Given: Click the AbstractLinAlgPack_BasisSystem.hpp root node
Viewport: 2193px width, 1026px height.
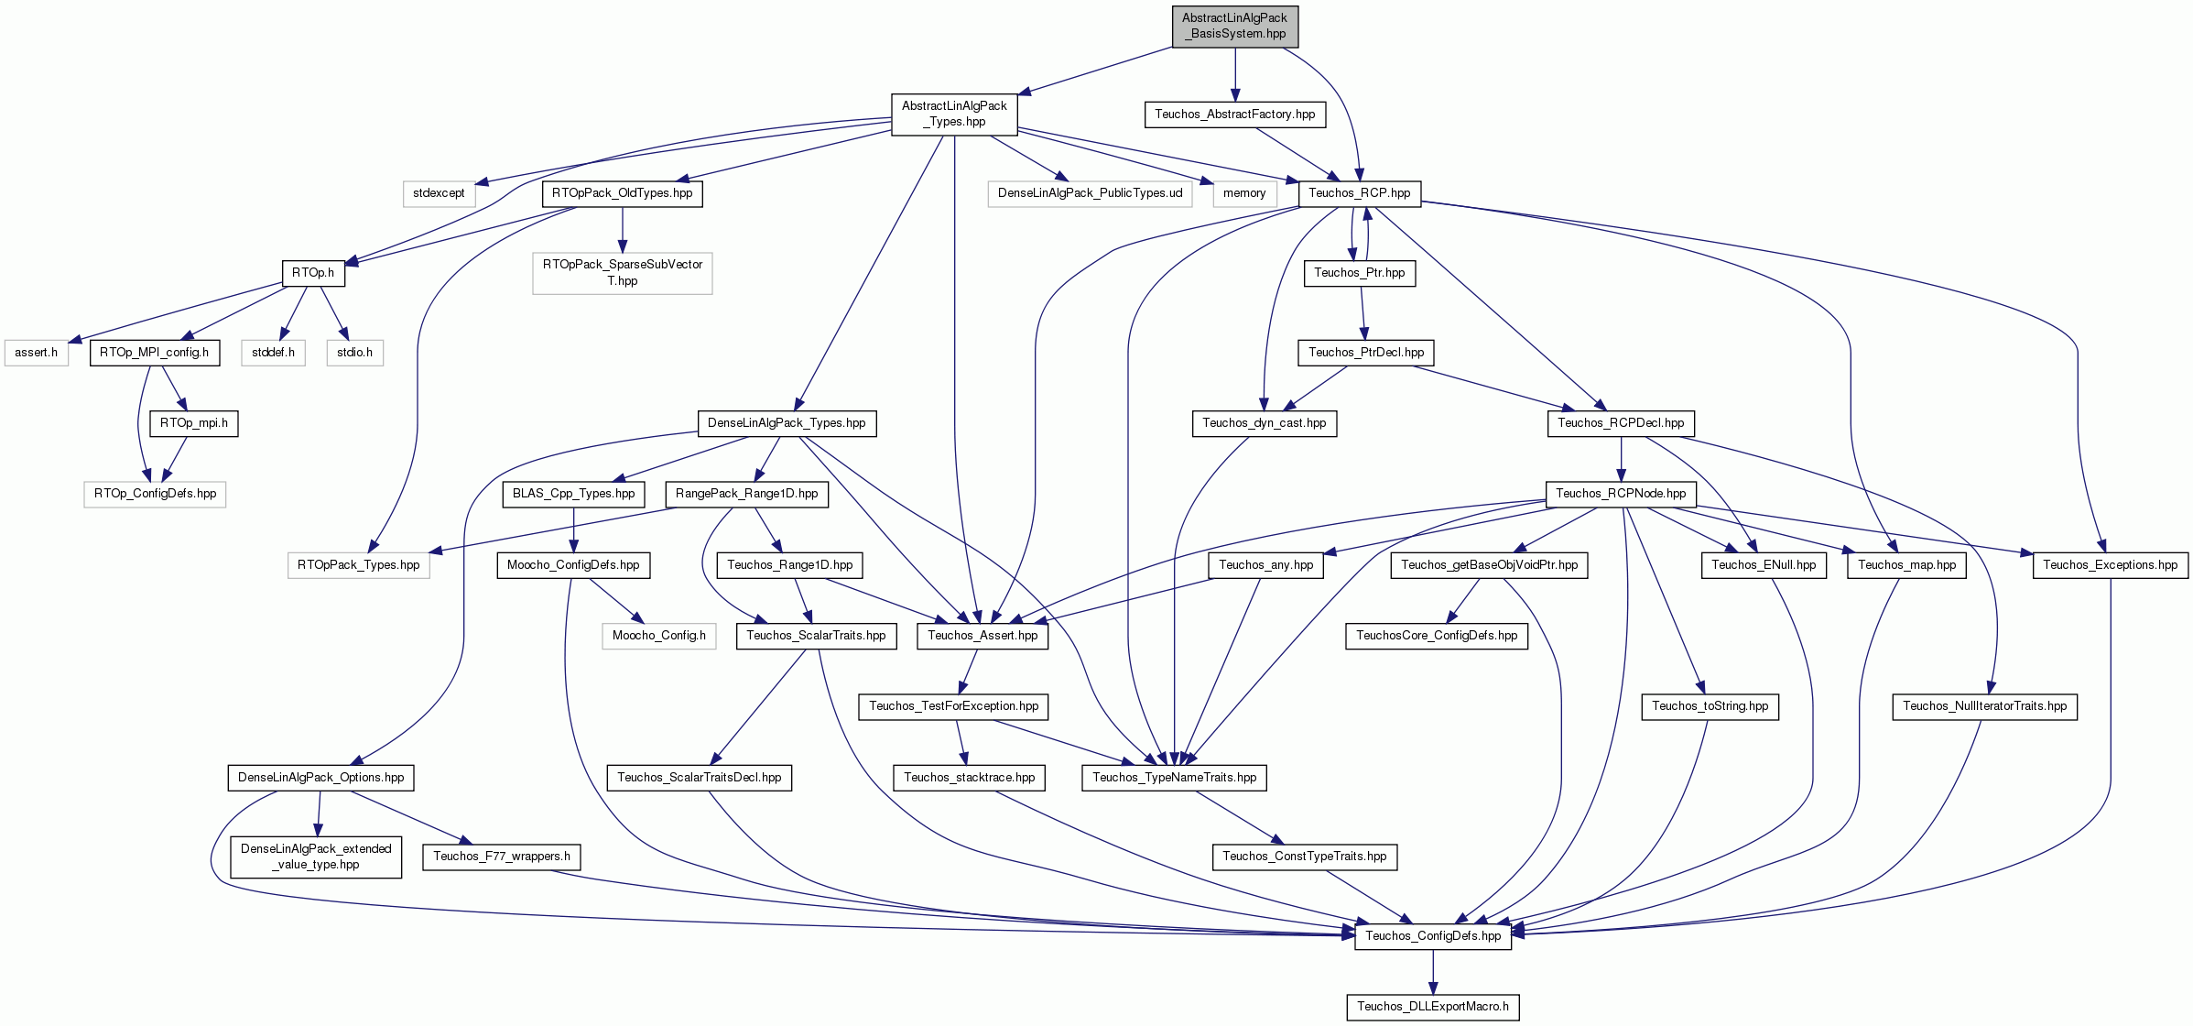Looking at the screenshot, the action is (1235, 26).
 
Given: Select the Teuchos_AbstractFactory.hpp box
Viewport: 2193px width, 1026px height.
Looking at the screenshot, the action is (1234, 115).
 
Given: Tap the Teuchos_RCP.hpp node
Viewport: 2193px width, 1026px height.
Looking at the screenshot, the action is (1360, 193).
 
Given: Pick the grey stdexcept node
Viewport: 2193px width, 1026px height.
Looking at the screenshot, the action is (439, 193).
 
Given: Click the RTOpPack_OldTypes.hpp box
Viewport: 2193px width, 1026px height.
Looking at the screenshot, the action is (623, 193).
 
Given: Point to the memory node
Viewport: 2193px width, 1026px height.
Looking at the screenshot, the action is (1244, 193).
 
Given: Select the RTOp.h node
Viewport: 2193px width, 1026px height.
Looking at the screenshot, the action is (313, 273).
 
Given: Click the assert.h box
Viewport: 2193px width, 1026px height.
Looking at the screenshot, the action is (37, 353).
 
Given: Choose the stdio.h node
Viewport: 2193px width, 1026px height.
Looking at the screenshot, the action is (354, 353).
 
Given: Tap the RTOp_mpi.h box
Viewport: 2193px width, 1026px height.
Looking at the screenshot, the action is (194, 423).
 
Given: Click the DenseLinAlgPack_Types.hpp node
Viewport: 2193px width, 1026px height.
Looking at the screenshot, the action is (787, 423).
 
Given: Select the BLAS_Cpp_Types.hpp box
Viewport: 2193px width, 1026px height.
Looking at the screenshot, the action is (573, 494).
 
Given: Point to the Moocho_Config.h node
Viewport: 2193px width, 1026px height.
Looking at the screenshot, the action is (659, 636).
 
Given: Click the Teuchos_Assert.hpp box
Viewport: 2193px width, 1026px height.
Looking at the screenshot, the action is (983, 636).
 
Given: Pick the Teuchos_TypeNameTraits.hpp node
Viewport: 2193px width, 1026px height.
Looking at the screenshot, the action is (1175, 778).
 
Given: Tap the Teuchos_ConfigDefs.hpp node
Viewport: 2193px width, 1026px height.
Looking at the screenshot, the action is (1433, 936).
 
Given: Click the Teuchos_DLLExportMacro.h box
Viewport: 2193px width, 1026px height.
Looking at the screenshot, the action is (1433, 1007).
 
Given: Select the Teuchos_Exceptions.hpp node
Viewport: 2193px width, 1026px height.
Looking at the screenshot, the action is (2111, 565).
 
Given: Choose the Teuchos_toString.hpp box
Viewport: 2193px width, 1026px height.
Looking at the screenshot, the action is (1710, 706).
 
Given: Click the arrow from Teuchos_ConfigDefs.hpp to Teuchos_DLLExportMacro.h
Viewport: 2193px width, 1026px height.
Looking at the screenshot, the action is (1433, 971).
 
